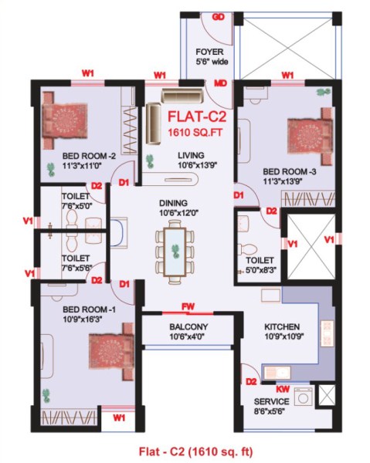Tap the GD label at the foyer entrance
tap(219, 17)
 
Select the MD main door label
tap(220, 83)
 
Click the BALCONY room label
tap(188, 326)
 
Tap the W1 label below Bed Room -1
tap(119, 417)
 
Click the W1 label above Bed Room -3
tap(288, 75)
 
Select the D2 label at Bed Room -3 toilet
tap(272, 211)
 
